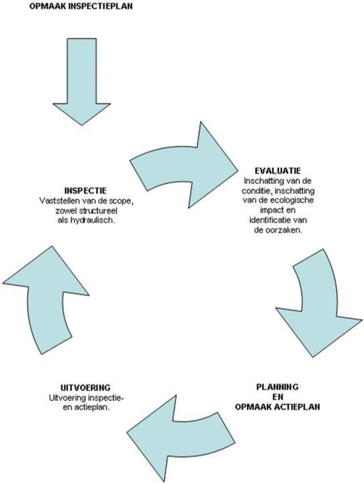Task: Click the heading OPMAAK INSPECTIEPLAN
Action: (x=81, y=6)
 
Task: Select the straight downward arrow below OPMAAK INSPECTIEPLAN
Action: (x=82, y=82)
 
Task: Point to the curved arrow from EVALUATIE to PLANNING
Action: (x=318, y=304)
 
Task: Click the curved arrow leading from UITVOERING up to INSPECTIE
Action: (x=46, y=299)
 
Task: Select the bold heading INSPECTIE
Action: (x=86, y=190)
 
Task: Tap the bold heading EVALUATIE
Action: (x=278, y=171)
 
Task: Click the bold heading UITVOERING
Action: (x=86, y=387)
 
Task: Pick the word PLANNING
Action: (x=277, y=387)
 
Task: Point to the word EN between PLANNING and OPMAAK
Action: (x=277, y=397)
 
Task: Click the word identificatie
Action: (x=267, y=220)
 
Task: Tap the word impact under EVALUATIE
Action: (x=270, y=211)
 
